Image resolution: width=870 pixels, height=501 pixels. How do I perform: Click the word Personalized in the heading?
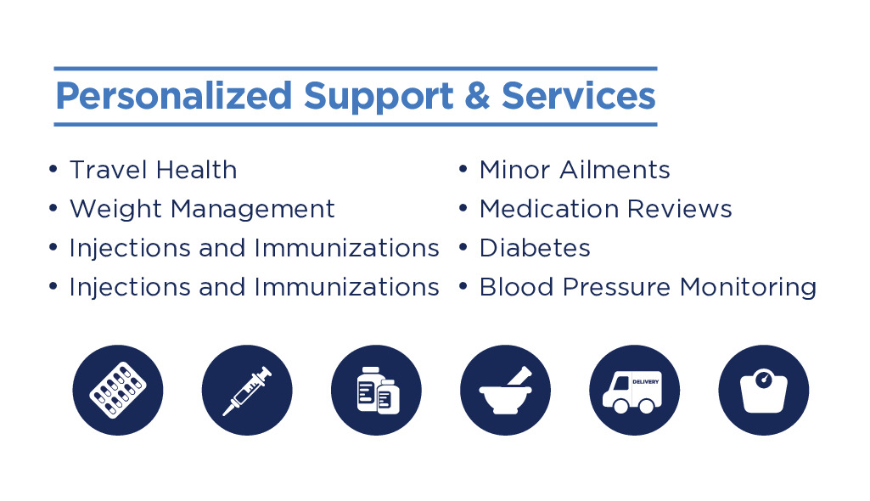174,97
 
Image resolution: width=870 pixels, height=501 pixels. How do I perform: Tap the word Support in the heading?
379,97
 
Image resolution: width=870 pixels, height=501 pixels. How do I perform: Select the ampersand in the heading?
477,95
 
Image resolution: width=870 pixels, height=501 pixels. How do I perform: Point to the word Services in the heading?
579,95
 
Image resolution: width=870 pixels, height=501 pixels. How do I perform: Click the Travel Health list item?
153,170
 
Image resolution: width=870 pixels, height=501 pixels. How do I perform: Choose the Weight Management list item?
202,210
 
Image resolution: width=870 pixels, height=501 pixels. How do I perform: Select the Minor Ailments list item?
575,170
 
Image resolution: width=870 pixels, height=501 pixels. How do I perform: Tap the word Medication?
549,209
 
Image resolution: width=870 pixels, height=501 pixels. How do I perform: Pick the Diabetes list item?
535,248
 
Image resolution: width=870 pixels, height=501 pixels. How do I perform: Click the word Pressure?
616,287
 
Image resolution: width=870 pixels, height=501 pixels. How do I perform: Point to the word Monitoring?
748,288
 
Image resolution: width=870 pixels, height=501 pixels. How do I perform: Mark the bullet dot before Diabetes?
463,247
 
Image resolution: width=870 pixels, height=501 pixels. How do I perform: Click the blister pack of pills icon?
118,390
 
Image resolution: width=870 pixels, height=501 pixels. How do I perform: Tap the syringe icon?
247,390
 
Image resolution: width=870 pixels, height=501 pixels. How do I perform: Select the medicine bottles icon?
376,390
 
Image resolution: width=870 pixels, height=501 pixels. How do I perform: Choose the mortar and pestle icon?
506,390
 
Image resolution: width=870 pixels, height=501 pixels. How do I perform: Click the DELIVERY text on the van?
646,382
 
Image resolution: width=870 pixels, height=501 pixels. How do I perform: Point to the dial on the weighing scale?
764,380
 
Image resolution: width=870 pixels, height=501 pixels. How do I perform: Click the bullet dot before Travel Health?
53,169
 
